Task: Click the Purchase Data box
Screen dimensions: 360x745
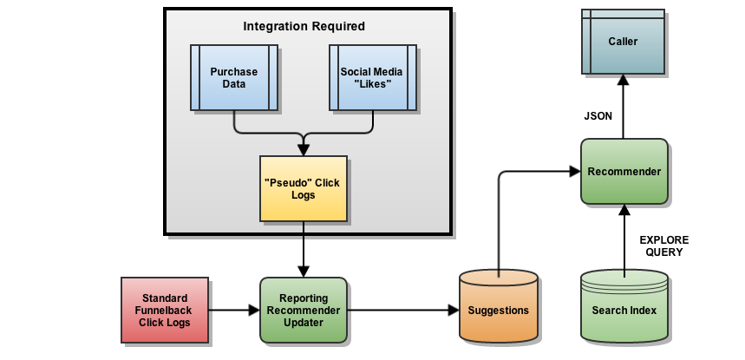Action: [234, 78]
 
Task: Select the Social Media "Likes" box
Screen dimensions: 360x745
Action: [372, 78]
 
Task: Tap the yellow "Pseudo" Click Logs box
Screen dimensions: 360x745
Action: [303, 189]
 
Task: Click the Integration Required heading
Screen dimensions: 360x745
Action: [304, 26]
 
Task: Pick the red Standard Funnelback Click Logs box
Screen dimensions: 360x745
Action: [165, 310]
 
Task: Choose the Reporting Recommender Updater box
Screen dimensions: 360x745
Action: [303, 310]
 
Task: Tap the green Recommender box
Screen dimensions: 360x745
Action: [624, 172]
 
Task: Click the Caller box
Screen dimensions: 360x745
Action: [624, 42]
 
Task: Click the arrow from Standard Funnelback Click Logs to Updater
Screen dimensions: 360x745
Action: [233, 310]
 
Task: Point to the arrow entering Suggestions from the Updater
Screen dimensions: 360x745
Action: [402, 310]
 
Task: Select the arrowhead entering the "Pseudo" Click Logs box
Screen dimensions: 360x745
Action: [303, 149]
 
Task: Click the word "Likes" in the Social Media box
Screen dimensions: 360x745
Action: [372, 84]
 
